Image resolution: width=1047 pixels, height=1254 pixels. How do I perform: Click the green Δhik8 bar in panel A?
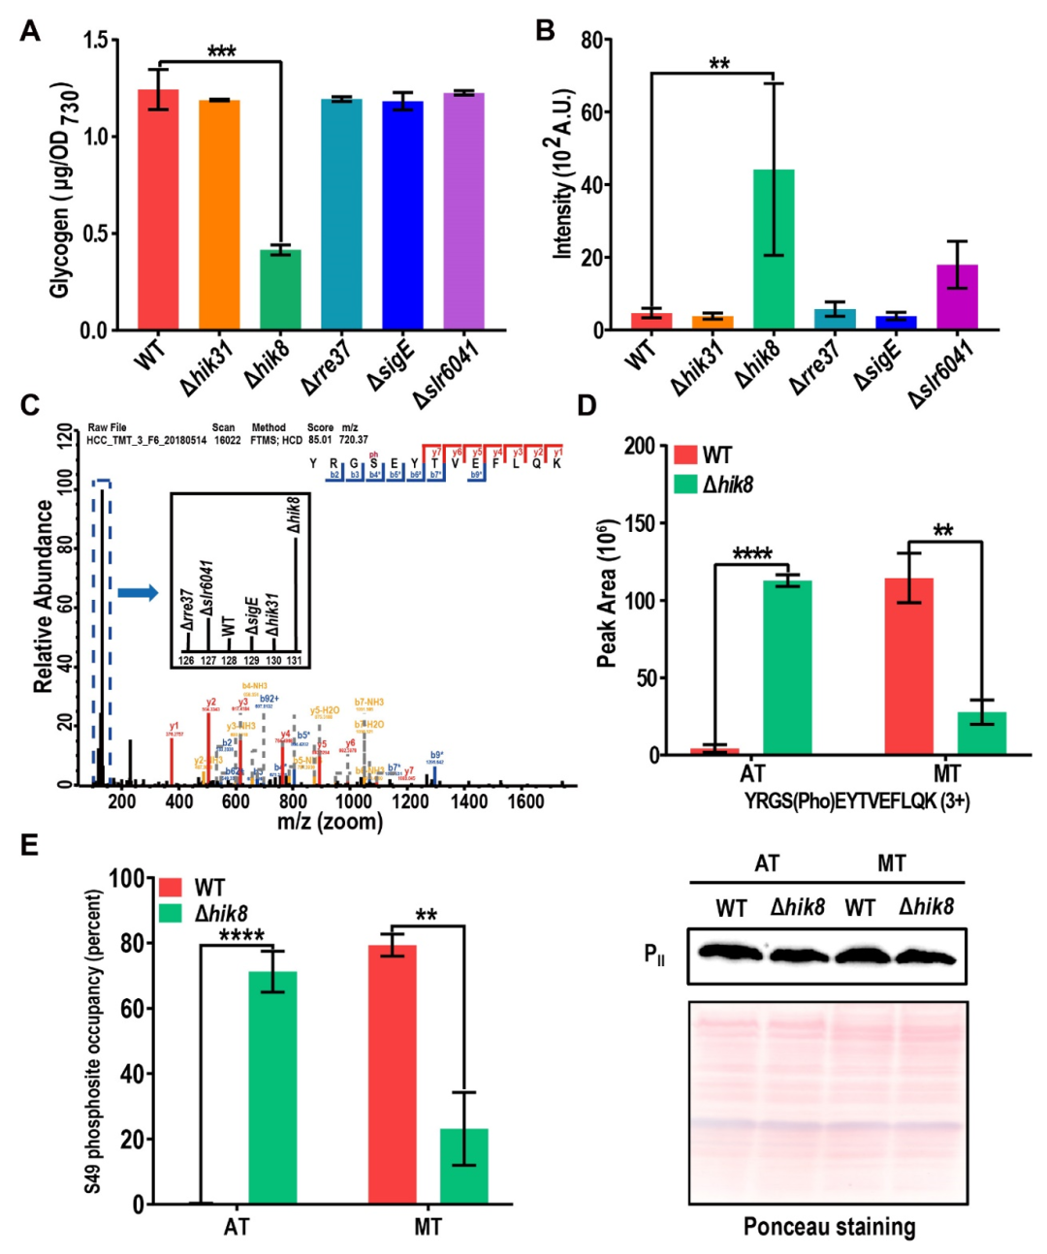tap(280, 290)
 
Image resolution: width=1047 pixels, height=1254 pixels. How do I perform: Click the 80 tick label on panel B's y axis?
tap(591, 41)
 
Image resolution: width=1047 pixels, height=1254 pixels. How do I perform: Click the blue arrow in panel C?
tap(137, 592)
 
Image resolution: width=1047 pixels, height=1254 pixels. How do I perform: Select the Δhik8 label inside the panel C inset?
tap(294, 514)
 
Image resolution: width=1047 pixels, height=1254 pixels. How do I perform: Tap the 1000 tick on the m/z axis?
tap(353, 801)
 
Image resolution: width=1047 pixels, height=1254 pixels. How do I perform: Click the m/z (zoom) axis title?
tap(330, 823)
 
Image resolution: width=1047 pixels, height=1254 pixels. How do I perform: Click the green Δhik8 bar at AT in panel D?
tap(787, 668)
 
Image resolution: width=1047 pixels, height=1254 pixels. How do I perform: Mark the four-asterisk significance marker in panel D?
tap(752, 554)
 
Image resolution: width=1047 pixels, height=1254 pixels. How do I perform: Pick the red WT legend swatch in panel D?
tap(684, 455)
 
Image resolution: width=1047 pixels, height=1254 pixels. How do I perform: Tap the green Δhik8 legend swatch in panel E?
tap(170, 913)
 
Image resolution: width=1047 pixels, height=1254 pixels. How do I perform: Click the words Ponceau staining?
tap(829, 1227)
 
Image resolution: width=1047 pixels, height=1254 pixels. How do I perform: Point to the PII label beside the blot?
tap(654, 955)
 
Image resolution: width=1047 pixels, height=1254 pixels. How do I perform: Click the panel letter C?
tap(30, 404)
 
